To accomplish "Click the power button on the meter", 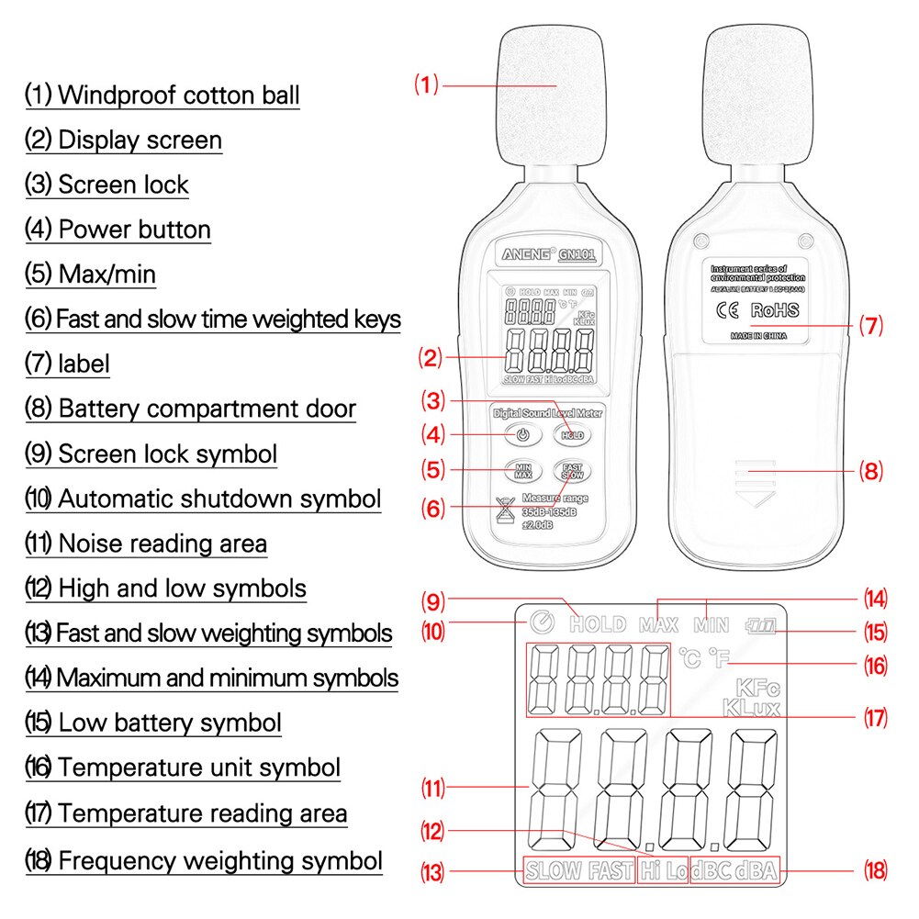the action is coord(521,435).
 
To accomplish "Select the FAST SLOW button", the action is coord(572,472).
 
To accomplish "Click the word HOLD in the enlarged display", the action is coord(598,625).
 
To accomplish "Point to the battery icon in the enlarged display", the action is coord(760,625).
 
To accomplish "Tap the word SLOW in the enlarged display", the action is coord(555,870).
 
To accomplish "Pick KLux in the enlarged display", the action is coord(750,709).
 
